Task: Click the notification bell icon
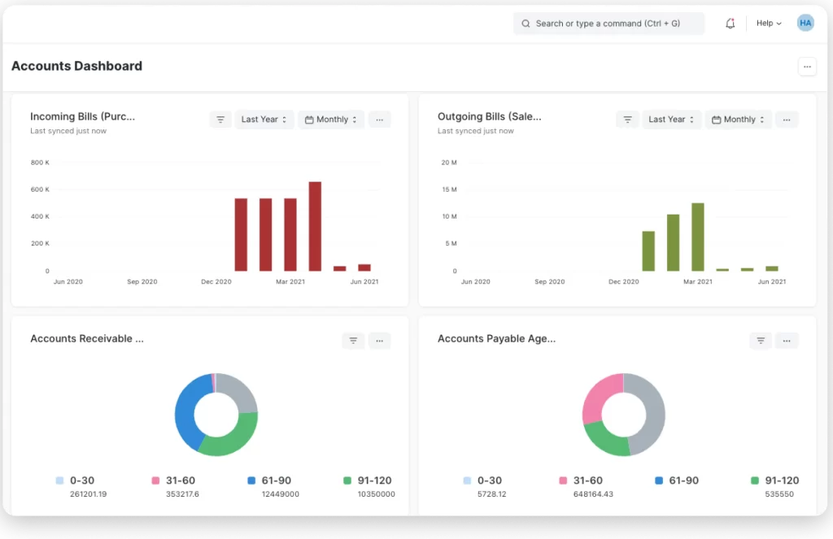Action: (730, 24)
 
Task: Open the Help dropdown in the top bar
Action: (769, 24)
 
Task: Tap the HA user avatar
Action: (805, 23)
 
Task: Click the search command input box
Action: (608, 24)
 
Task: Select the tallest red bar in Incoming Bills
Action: (315, 226)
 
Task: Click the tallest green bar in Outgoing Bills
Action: (697, 237)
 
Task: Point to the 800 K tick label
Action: (40, 163)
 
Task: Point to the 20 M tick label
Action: (449, 163)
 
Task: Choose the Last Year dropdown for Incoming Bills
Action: (264, 120)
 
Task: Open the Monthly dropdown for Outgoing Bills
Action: (739, 120)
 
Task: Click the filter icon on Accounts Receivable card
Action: (353, 341)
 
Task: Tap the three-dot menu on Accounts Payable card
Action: (787, 341)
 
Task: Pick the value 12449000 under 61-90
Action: (281, 494)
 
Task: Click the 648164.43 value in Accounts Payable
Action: (593, 494)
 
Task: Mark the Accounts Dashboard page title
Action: (77, 66)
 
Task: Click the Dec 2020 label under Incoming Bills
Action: (216, 282)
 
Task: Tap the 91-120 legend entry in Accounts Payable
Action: (775, 480)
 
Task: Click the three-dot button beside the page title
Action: (807, 67)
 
